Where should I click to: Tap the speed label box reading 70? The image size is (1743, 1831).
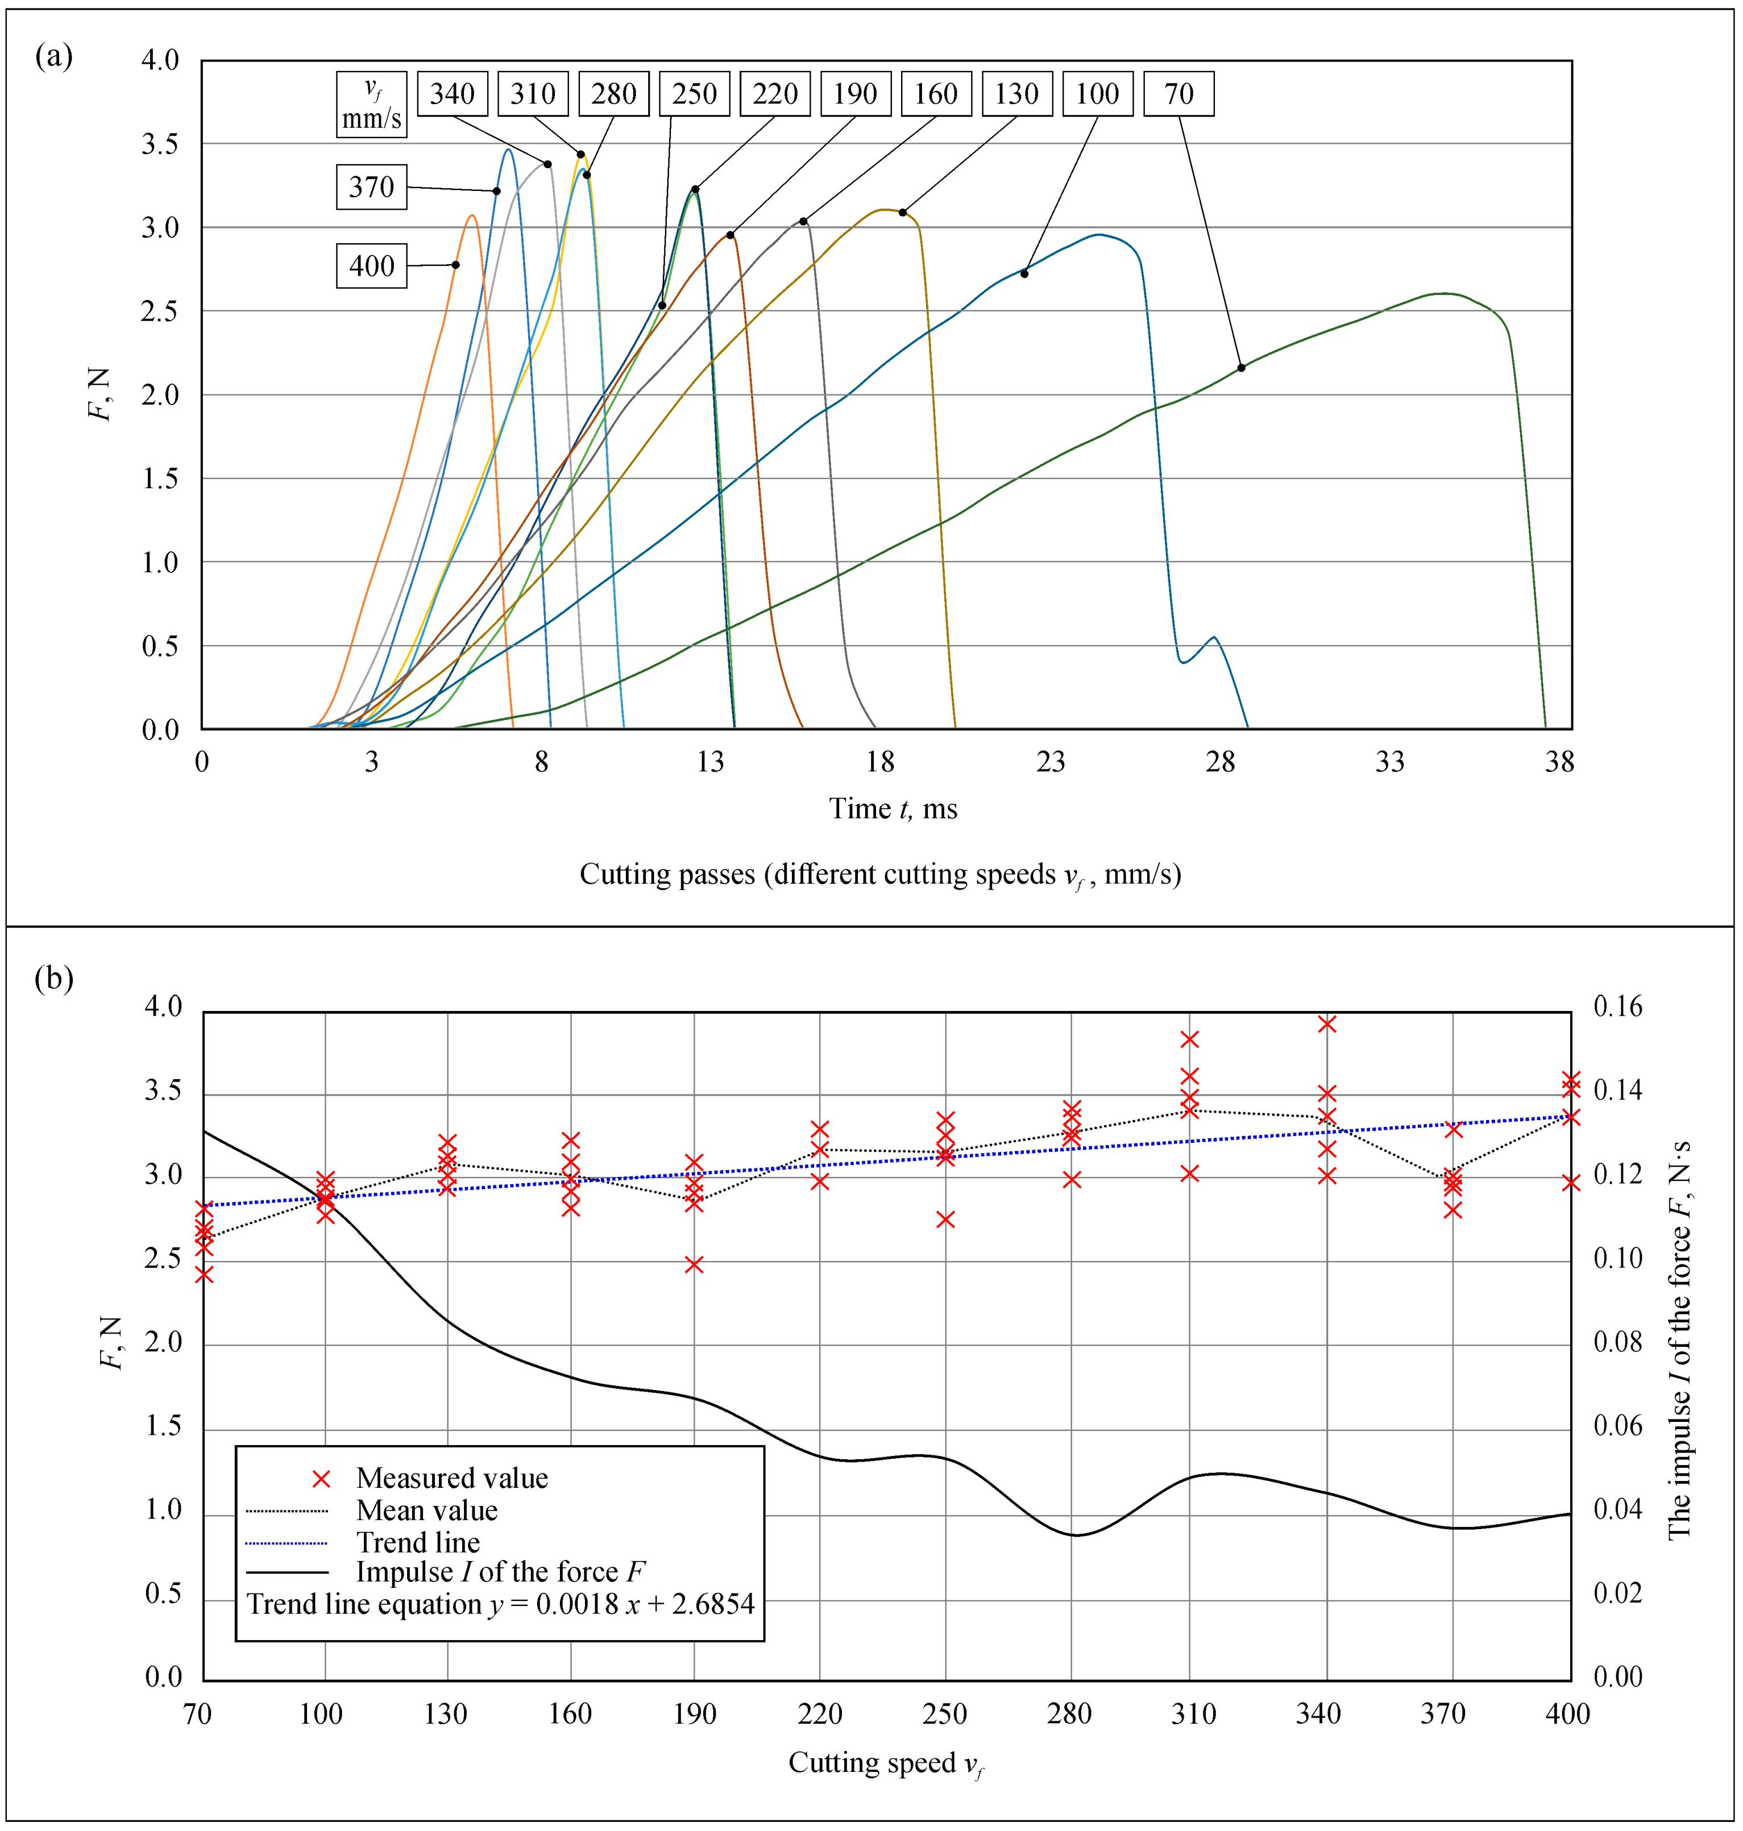click(1177, 94)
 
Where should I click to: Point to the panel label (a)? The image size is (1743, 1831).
click(54, 57)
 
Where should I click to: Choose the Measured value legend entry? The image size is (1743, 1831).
click(451, 1478)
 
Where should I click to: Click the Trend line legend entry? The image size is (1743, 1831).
click(418, 1543)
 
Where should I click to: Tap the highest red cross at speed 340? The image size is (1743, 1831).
click(1327, 1023)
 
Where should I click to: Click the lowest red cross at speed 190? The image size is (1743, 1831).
click(694, 1264)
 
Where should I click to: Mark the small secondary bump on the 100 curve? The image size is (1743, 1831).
click(1213, 638)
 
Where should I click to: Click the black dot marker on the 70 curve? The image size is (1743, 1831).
click(1240, 368)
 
